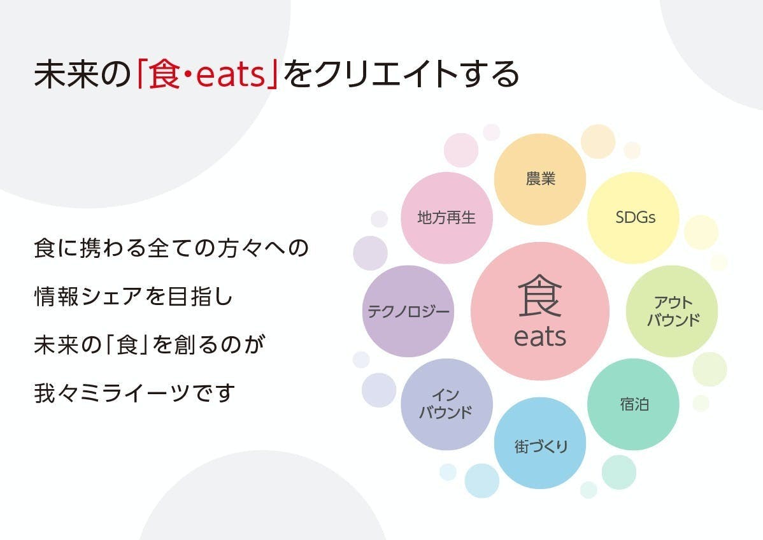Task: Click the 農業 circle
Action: [540, 180]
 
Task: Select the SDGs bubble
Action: [633, 217]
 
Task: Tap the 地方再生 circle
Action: [446, 217]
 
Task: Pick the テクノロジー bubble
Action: [408, 311]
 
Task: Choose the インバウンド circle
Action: [446, 404]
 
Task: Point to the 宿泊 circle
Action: [633, 404]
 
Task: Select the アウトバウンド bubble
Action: [672, 311]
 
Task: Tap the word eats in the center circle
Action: [540, 337]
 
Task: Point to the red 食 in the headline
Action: [164, 75]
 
